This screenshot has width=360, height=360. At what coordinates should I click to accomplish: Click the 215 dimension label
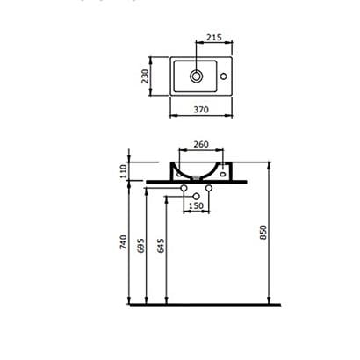212,40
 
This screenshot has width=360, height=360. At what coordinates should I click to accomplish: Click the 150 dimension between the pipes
198,205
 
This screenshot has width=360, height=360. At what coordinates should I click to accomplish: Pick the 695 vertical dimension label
140,248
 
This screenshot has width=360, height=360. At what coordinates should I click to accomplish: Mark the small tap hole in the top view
225,76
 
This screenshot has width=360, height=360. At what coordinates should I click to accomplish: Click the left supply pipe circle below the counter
183,191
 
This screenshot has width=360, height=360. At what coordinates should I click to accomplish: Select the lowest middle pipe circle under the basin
198,196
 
